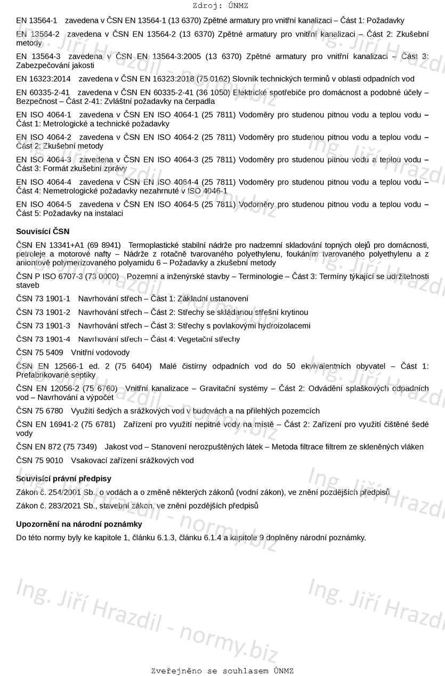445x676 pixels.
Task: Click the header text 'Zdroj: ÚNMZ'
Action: [x=220, y=6]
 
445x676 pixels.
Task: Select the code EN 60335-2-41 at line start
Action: [x=43, y=93]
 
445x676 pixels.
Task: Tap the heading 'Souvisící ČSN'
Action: [x=43, y=231]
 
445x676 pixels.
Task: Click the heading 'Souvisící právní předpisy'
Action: [x=63, y=478]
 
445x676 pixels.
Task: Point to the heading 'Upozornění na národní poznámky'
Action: [x=79, y=524]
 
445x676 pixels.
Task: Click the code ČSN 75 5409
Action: [x=39, y=353]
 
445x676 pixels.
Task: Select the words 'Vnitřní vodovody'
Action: [x=100, y=353]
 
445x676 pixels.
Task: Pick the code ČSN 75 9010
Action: [x=39, y=460]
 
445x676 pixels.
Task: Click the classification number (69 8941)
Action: [x=104, y=245]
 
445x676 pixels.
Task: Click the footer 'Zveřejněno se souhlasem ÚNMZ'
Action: [x=222, y=671]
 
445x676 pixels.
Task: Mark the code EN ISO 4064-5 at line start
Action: [x=44, y=204]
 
